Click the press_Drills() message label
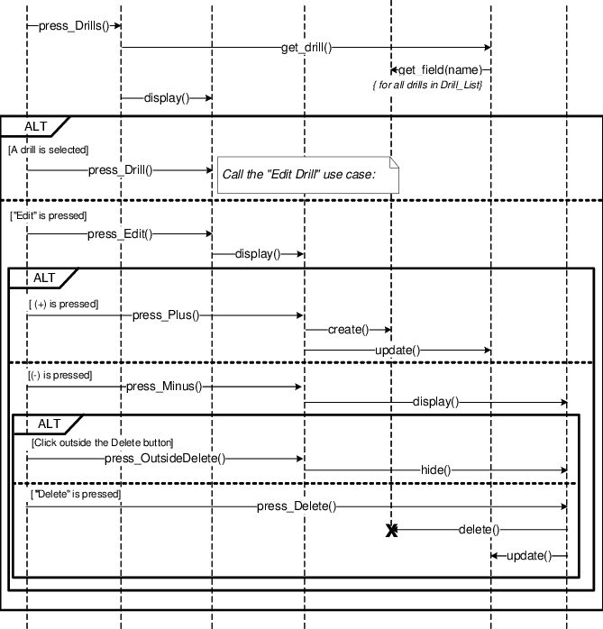pyautogui.click(x=74, y=26)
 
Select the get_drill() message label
pyautogui.click(x=307, y=48)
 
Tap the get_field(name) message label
pyautogui.click(x=441, y=69)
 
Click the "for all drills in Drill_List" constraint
pyautogui.click(x=428, y=85)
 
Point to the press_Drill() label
pyautogui.click(x=120, y=169)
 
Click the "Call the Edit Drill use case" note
pyautogui.click(x=307, y=174)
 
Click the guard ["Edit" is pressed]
pyautogui.click(x=49, y=215)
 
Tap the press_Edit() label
pyautogui.click(x=120, y=234)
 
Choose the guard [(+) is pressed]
pyautogui.click(x=63, y=305)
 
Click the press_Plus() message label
pyautogui.click(x=166, y=315)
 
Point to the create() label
pyautogui.click(x=348, y=331)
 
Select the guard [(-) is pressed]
pyautogui.click(x=59, y=375)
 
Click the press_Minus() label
pyautogui.click(x=164, y=387)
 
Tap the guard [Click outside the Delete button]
pyautogui.click(x=102, y=442)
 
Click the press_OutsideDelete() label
pyautogui.click(x=165, y=460)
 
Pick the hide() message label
pyautogui.click(x=435, y=470)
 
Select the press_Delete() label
pyautogui.click(x=297, y=507)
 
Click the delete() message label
pyautogui.click(x=479, y=530)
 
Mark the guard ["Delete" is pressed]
pyautogui.click(x=76, y=494)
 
